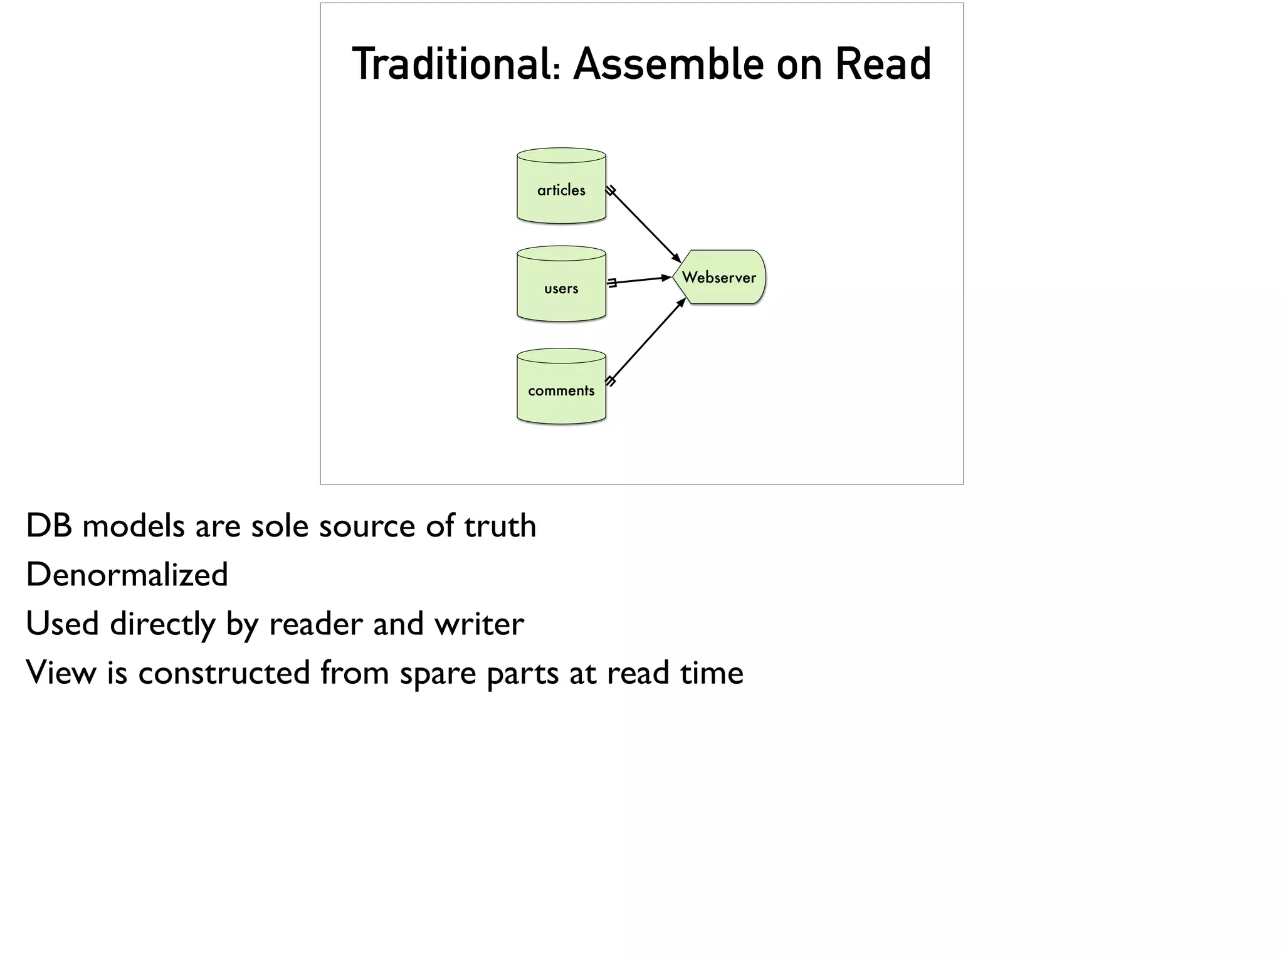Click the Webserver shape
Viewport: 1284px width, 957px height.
(719, 277)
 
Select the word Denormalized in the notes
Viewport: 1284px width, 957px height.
(127, 575)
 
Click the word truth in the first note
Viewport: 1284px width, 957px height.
(500, 526)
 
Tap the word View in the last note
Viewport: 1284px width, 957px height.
(61, 672)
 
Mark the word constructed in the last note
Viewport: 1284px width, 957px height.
(224, 672)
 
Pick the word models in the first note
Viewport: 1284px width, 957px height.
(133, 526)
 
